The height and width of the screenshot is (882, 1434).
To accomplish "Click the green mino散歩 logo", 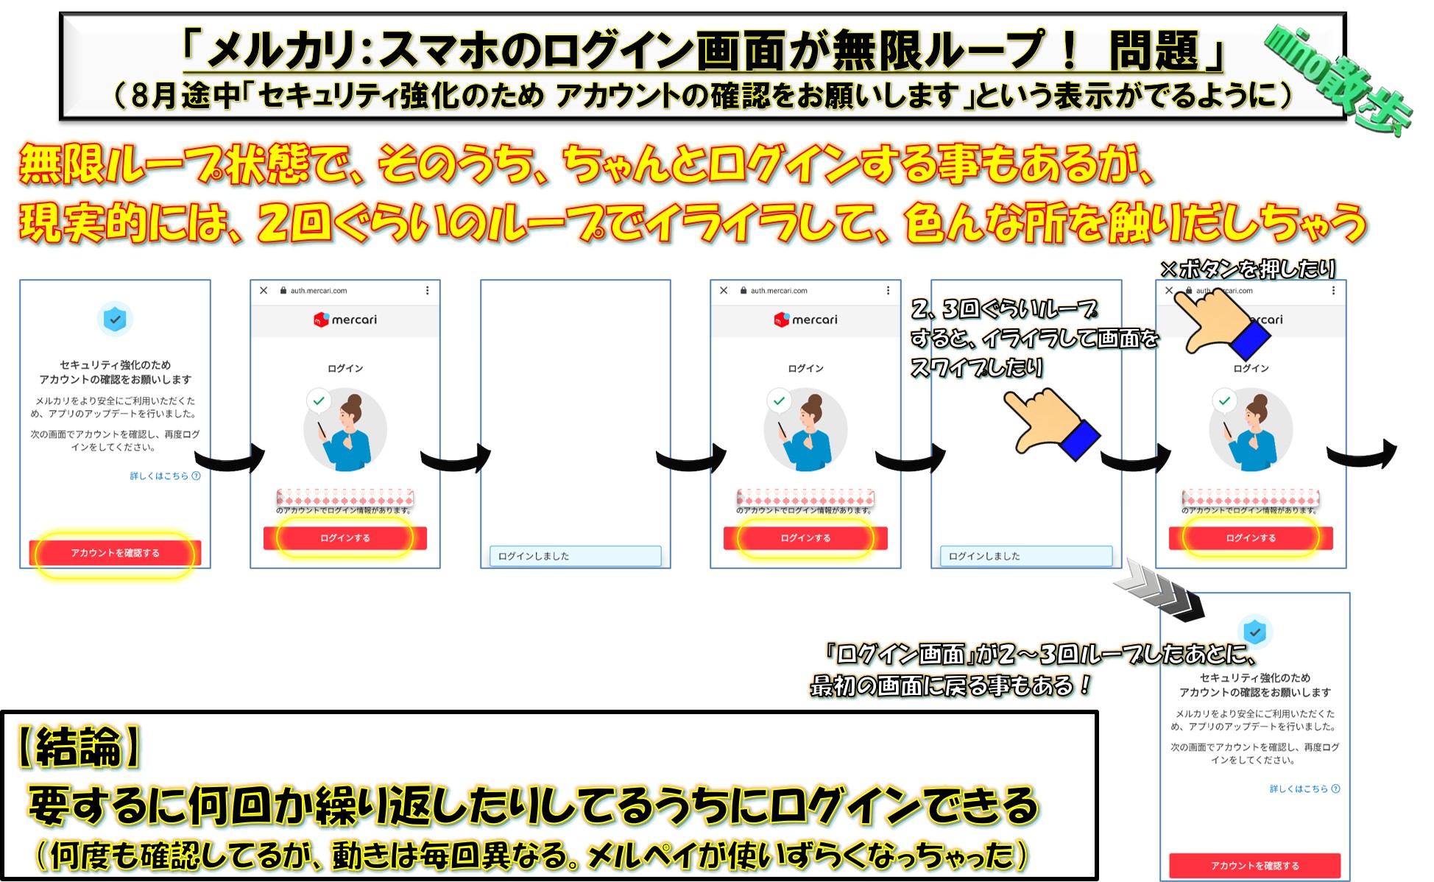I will [1338, 77].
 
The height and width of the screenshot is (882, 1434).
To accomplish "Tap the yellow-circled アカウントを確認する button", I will [115, 553].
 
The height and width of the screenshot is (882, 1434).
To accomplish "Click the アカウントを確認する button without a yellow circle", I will [1254, 865].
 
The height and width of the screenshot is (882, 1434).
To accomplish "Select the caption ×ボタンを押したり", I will [1247, 269].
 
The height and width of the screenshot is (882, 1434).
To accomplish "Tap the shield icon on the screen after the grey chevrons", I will [1254, 632].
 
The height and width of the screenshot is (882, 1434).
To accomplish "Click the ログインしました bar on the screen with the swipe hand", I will [1025, 556].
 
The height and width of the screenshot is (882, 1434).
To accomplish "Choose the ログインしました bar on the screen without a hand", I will [574, 556].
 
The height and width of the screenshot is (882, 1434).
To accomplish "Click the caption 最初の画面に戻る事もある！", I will [950, 686].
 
